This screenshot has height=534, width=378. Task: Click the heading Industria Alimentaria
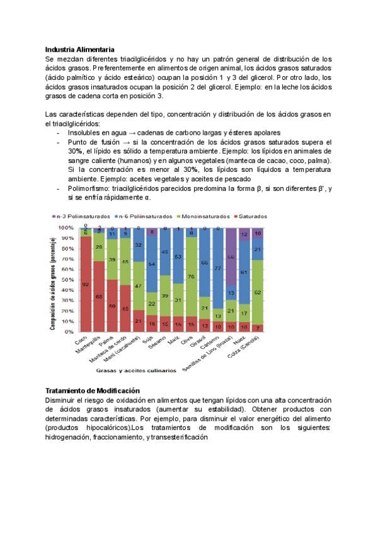click(79, 49)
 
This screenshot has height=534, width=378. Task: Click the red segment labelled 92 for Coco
click(86, 284)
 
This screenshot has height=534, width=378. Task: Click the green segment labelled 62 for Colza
click(258, 293)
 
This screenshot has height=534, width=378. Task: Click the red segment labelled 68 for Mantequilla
click(99, 296)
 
